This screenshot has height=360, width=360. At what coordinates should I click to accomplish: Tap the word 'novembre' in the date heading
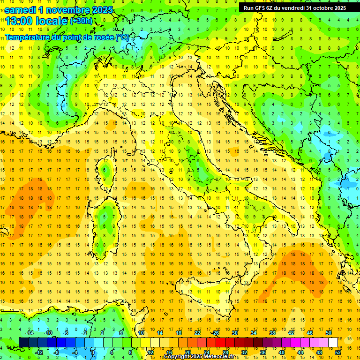[67, 10]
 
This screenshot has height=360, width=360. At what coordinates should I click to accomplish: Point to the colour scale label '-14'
[30, 332]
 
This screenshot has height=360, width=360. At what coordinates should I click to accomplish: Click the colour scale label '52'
[338, 352]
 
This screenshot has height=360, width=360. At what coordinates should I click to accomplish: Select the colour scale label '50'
[329, 332]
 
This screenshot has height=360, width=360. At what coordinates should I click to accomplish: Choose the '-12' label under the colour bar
[39, 352]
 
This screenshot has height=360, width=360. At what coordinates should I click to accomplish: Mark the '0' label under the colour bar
[92, 352]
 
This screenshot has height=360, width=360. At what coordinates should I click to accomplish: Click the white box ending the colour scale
[333, 342]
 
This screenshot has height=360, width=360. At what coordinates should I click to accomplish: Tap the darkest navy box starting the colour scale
[23, 342]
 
